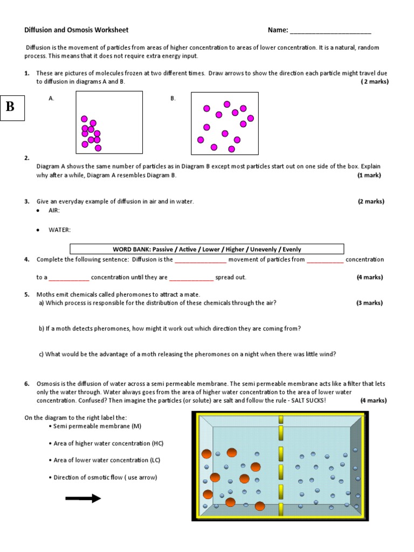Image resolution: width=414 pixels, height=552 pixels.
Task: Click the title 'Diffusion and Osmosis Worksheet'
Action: coord(77,30)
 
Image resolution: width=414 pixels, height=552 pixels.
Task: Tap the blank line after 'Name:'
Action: coord(330,31)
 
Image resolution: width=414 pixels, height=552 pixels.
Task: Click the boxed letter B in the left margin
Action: coord(10,106)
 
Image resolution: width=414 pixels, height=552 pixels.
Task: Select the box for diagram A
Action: coord(109,123)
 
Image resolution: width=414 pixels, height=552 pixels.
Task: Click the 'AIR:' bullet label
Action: coord(54,211)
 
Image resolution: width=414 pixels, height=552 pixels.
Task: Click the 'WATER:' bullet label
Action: coord(59,230)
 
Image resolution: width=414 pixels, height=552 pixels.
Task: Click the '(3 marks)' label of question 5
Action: coord(369,303)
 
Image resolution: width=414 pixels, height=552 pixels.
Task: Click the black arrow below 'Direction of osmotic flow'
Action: coord(83,499)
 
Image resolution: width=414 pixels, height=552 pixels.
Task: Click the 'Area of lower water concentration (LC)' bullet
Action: coord(106,460)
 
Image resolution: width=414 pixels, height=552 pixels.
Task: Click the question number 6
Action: coord(26,384)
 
